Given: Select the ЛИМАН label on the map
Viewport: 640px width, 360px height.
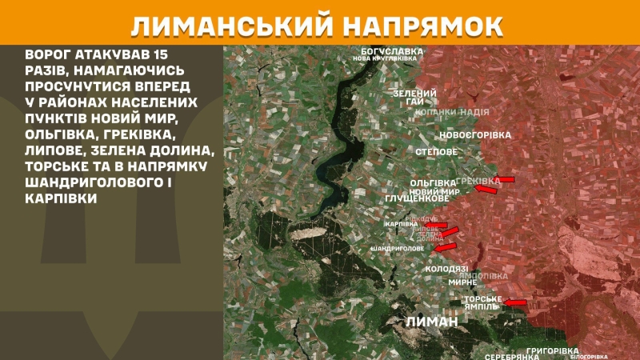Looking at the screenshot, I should click(431, 321).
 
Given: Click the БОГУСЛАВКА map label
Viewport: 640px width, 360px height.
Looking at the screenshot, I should click(390, 50).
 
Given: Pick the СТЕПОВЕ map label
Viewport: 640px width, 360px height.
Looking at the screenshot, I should click(437, 151).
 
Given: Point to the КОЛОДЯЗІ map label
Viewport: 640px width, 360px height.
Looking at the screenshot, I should click(447, 270).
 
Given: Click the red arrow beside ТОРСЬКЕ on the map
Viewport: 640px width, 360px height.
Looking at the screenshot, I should click(515, 302).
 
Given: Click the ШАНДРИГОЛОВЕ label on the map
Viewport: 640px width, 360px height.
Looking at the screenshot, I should click(398, 249).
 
